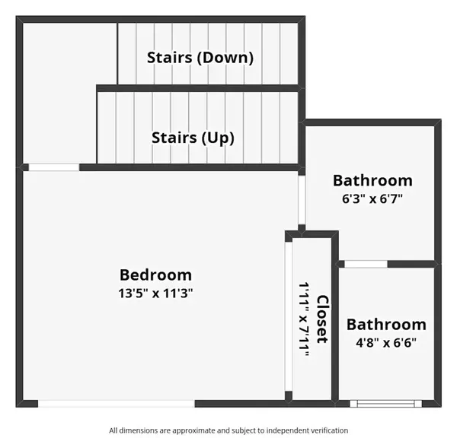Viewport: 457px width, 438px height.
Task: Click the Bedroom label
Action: [155, 275]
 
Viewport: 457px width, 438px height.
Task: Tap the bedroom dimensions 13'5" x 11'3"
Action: [155, 293]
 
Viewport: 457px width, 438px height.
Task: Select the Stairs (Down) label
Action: [200, 57]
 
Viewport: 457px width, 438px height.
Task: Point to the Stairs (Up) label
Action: [193, 138]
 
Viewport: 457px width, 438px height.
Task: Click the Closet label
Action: [321, 319]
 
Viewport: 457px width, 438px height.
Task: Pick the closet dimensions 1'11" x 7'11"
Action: [305, 319]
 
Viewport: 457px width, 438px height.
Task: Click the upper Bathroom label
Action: [372, 180]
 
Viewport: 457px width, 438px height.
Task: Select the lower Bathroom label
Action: [386, 325]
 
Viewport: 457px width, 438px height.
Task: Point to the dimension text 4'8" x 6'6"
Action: [386, 341]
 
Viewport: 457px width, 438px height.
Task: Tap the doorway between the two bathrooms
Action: [366, 264]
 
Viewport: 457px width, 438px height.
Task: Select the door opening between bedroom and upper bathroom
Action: [302, 199]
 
